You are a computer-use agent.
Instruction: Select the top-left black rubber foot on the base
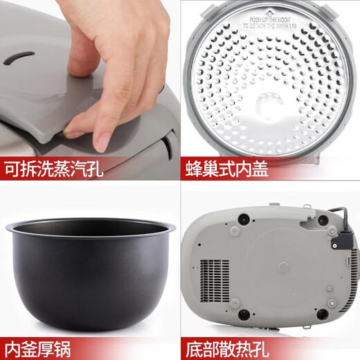(x=244, y=218)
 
